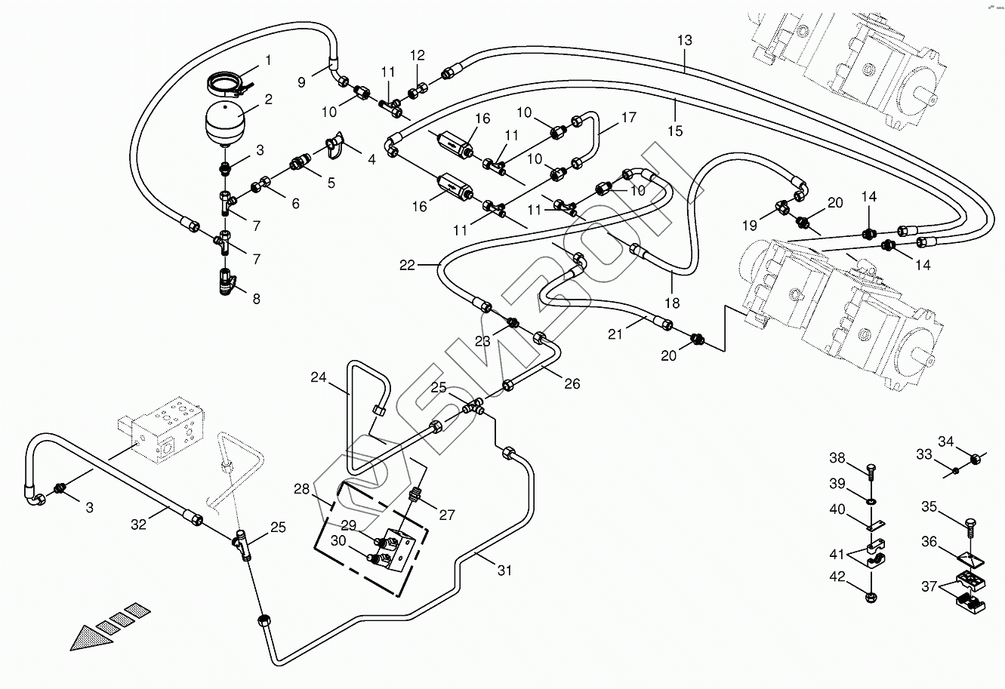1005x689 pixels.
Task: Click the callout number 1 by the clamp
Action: pos(267,60)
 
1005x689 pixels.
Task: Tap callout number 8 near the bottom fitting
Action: pos(256,299)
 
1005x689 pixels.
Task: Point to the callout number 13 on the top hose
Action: pos(684,41)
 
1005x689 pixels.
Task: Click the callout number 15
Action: pos(675,131)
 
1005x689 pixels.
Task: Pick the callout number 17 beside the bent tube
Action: pos(629,118)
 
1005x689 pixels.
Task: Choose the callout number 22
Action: pos(408,265)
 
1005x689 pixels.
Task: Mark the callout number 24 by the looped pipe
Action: pos(319,377)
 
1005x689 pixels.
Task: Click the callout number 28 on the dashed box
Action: pos(302,490)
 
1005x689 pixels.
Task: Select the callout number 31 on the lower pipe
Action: pos(504,571)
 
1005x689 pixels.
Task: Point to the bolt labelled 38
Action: pos(871,473)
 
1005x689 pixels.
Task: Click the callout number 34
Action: pos(946,441)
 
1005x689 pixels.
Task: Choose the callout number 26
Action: pos(572,384)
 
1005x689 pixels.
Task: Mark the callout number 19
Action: pos(749,225)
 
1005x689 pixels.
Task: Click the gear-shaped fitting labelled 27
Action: pos(414,497)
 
